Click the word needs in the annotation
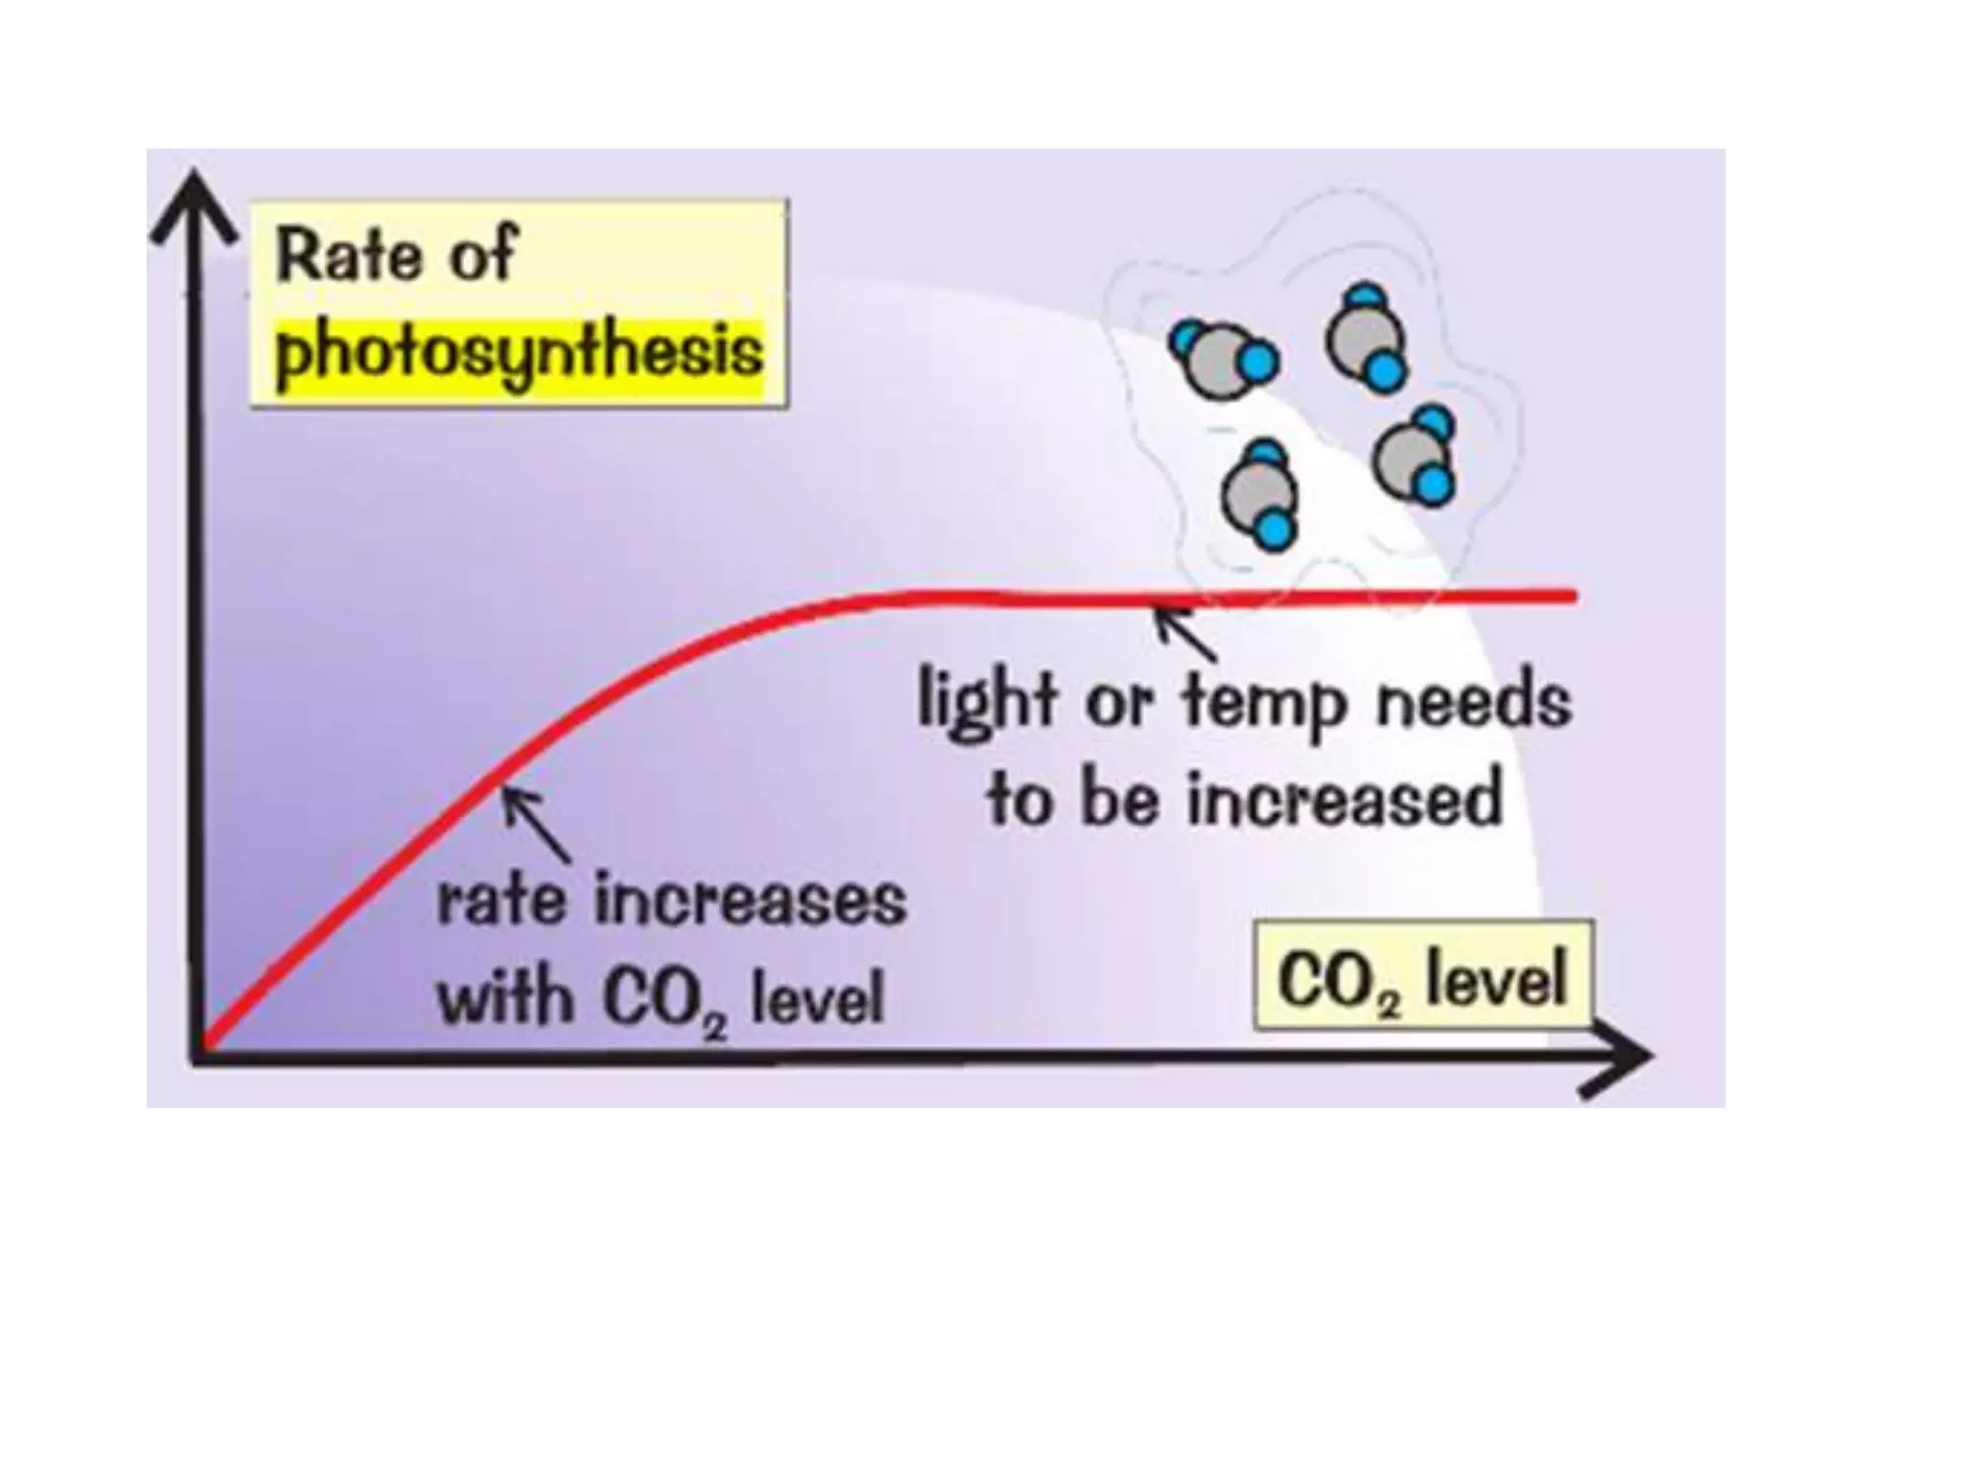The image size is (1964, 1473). [1474, 702]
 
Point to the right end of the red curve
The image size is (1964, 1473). [1571, 596]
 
